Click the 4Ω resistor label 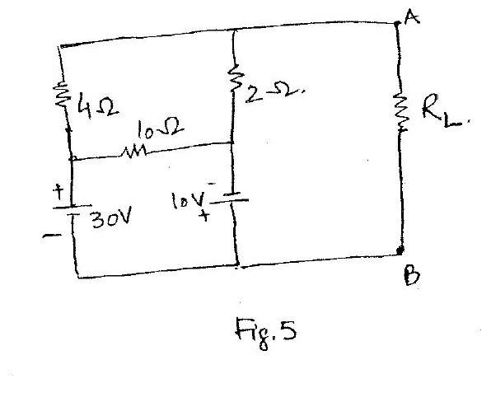98,105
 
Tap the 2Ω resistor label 274,92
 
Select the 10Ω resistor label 161,129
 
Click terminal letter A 411,16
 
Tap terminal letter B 411,275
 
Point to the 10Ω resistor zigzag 133,152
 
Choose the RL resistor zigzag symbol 400,110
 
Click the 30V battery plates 72,209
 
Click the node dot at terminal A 397,23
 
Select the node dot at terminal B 400,250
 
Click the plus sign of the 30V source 58,192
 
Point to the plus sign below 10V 204,215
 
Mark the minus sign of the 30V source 49,236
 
